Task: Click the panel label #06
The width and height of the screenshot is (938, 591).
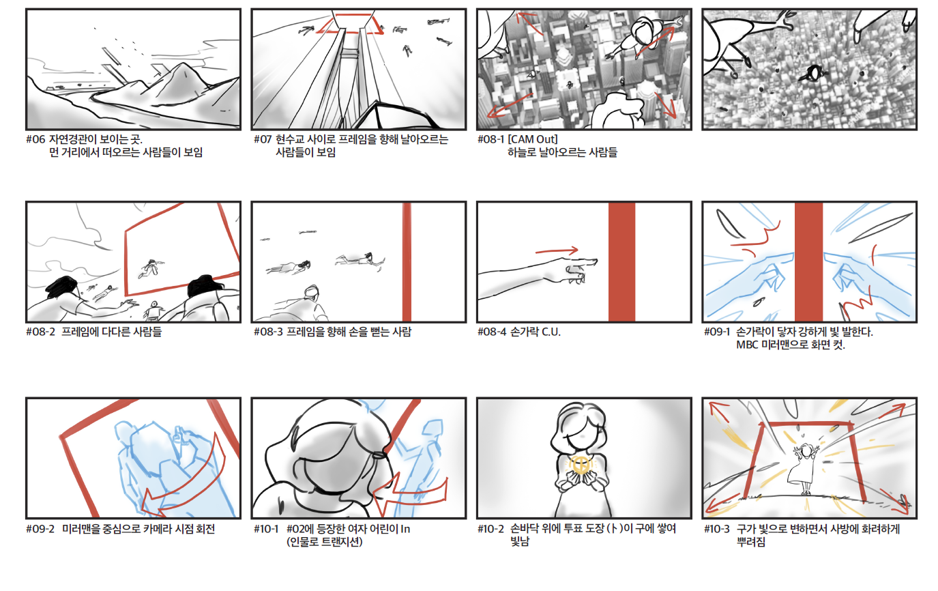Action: click(x=35, y=139)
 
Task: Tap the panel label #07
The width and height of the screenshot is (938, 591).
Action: click(x=263, y=139)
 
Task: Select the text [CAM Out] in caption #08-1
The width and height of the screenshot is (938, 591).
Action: click(x=532, y=139)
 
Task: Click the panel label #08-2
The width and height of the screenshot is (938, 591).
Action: click(x=40, y=332)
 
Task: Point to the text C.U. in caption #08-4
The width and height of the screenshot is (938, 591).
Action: click(x=551, y=332)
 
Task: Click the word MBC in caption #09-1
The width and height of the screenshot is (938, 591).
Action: click(x=746, y=345)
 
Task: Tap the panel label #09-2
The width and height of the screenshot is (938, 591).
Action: click(x=40, y=529)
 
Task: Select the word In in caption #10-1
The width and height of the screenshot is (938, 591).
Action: click(x=405, y=529)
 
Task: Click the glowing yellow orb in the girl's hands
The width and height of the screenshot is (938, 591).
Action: click(x=581, y=465)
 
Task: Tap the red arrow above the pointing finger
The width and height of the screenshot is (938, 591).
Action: click(x=557, y=251)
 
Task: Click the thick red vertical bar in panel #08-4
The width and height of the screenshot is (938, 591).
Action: click(x=622, y=262)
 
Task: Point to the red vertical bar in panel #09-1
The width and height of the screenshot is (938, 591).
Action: click(x=808, y=262)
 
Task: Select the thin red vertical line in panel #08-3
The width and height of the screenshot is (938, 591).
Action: click(x=407, y=262)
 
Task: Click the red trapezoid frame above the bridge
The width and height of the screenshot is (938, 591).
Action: click(x=350, y=24)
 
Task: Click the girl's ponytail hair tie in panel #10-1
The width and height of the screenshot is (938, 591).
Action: click(x=379, y=455)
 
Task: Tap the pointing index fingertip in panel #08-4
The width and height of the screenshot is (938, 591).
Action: click(x=596, y=261)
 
